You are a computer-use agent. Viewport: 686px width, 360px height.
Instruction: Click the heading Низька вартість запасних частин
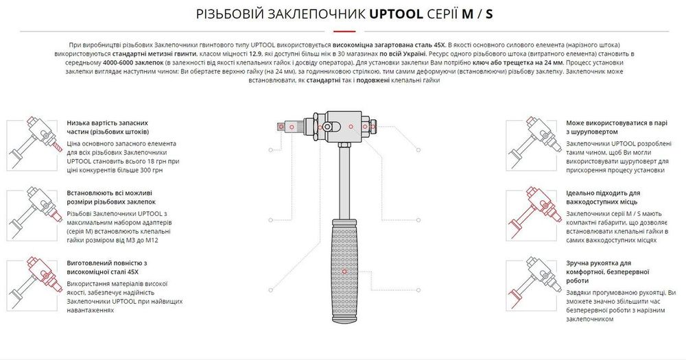pyautogui.click(x=108, y=126)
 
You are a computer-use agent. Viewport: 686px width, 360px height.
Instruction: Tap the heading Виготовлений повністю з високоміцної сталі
pyautogui.click(x=107, y=267)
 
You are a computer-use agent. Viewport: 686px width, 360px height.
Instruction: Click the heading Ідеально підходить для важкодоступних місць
pyautogui.click(x=603, y=197)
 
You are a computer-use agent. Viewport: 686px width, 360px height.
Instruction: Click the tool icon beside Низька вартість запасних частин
pyautogui.click(x=31, y=142)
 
